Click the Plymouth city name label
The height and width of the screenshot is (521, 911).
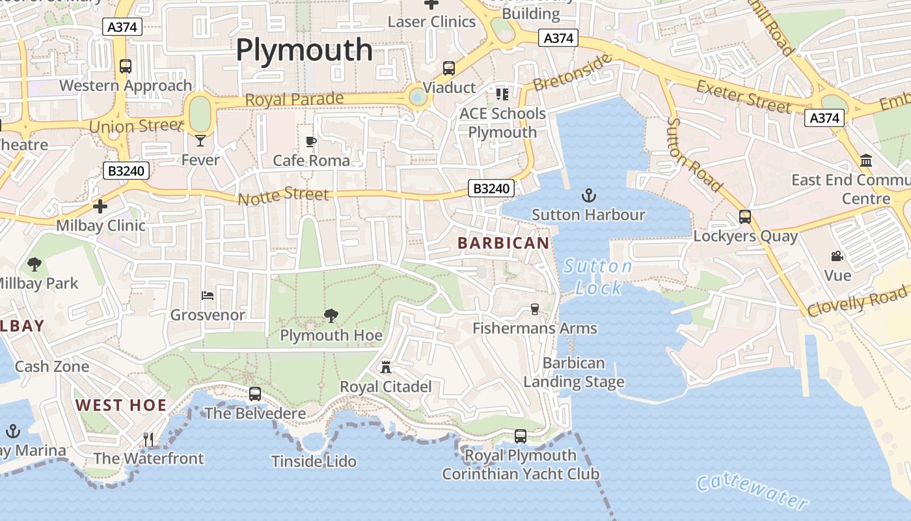tap(304, 50)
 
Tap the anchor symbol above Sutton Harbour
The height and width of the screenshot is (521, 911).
tap(588, 195)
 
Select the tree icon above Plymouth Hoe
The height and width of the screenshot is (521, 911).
tap(331, 317)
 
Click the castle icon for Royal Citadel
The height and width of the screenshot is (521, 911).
tap(386, 367)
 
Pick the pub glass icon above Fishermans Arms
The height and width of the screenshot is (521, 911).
tap(535, 309)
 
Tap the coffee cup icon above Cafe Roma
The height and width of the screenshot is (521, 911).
tap(311, 141)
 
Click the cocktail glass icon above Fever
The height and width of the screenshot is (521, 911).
tap(200, 140)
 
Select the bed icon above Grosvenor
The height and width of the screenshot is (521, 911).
tap(208, 296)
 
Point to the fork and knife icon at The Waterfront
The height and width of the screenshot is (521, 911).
tap(148, 440)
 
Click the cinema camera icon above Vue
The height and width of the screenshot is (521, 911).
tap(837, 257)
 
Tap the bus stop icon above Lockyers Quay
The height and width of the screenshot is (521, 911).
tap(745, 217)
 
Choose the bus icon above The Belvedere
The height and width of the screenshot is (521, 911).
tap(255, 394)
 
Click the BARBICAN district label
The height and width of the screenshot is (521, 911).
tap(503, 244)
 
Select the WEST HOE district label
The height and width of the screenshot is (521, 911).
tap(121, 405)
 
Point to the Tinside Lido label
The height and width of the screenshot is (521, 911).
tap(314, 462)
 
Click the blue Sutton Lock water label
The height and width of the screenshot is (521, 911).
tap(598, 277)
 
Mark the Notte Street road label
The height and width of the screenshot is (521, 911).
tap(284, 195)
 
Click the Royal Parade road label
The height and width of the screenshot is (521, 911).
tap(294, 100)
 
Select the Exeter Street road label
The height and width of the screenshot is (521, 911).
tap(744, 96)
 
